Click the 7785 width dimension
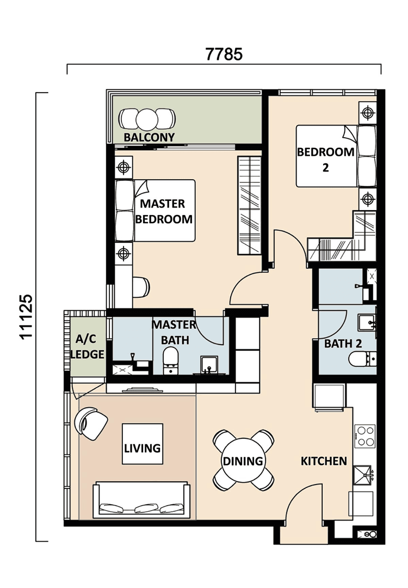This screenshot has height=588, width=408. pos(224,54)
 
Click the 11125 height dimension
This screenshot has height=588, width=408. pos(27,317)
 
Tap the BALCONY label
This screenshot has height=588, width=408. pos(149,137)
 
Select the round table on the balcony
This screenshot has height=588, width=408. pos(147,119)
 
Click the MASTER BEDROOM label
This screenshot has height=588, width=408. pos(164,211)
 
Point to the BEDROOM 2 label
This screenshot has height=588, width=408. pos(325,160)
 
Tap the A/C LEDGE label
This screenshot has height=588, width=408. pos(87,346)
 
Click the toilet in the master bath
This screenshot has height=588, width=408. pos(170,360)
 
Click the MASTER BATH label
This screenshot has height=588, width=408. pos(174,332)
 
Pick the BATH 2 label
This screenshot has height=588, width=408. pos(343,344)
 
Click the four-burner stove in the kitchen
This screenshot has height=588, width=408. pos(365,436)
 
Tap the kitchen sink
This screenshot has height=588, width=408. pos(362,475)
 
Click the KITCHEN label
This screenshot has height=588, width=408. pos(324,461)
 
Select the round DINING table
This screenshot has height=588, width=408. pos(243,461)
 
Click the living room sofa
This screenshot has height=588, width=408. pos(141,500)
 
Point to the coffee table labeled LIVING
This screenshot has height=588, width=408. pos(143,444)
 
